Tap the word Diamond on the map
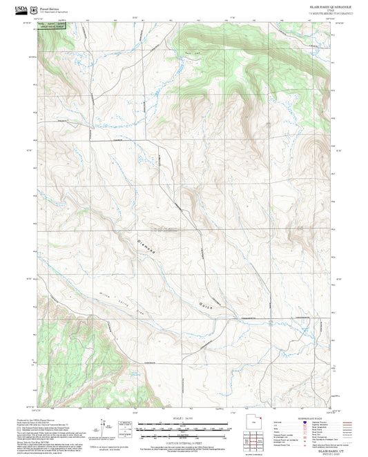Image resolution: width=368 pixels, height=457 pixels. (x=144, y=246)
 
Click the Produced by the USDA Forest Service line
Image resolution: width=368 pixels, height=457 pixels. (x=35, y=418)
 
